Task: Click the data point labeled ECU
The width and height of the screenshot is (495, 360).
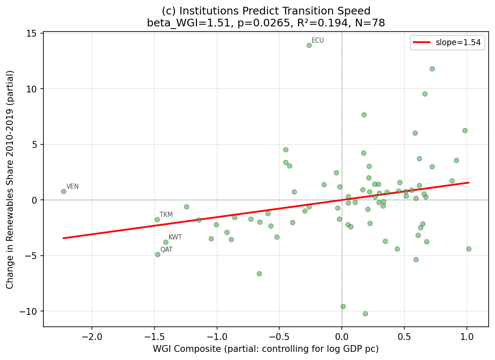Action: (309, 45)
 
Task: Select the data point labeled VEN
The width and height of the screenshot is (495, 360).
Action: (63, 191)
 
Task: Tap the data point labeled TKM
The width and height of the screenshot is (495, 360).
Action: (157, 219)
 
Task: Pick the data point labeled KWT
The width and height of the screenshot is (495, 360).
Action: (166, 242)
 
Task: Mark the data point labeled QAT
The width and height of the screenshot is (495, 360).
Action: (157, 254)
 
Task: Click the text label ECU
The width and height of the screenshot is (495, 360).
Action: (318, 40)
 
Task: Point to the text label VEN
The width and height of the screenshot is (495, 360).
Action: (72, 187)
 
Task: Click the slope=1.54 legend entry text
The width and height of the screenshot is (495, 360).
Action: (460, 43)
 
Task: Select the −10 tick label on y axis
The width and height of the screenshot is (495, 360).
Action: (30, 311)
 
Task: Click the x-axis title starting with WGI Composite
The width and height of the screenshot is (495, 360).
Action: (266, 349)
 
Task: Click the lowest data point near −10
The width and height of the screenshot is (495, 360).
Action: (365, 314)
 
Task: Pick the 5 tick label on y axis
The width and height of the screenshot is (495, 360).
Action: (36, 144)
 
